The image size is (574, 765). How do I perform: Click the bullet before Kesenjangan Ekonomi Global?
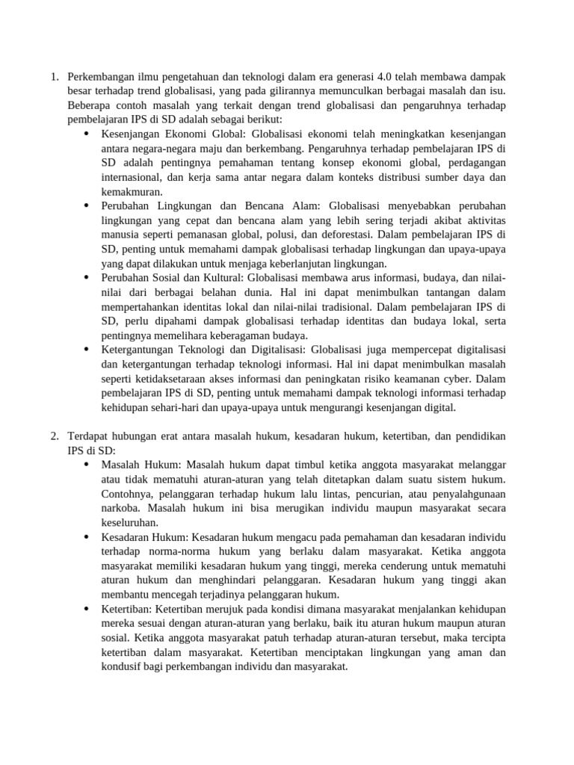pyautogui.click(x=86, y=134)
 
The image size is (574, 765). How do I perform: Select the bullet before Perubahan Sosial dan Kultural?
pyautogui.click(x=86, y=279)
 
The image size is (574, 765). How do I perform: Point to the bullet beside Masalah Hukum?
pyautogui.click(x=86, y=465)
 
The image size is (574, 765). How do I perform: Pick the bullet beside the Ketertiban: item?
pyautogui.click(x=86, y=610)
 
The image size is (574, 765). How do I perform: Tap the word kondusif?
pyautogui.click(x=122, y=667)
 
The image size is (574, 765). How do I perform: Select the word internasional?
pyautogui.click(x=132, y=178)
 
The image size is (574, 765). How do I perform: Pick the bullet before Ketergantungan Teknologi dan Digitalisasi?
pyautogui.click(x=86, y=350)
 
